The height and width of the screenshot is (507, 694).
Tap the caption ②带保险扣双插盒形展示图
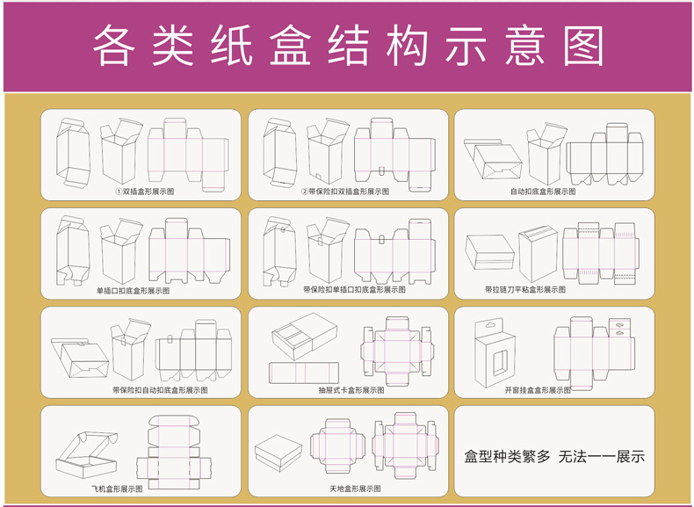point(345,191)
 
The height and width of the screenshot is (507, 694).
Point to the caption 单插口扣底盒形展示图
point(133,290)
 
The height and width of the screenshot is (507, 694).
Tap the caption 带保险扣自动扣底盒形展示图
point(159,389)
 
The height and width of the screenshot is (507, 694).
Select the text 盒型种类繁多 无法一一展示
point(553,457)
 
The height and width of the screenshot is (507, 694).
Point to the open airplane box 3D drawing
point(88,451)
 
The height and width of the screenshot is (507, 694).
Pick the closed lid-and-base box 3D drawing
point(278,456)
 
